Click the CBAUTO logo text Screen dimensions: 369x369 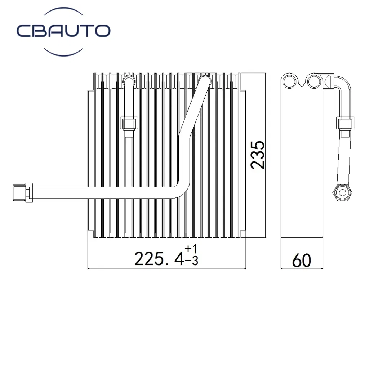[x=63, y=31]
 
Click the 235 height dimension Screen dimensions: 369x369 [x=258, y=155]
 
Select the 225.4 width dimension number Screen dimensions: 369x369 [x=159, y=258]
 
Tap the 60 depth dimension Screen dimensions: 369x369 [x=301, y=260]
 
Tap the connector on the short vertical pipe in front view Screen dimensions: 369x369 [x=129, y=124]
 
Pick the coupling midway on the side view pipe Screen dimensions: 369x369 [x=345, y=124]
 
